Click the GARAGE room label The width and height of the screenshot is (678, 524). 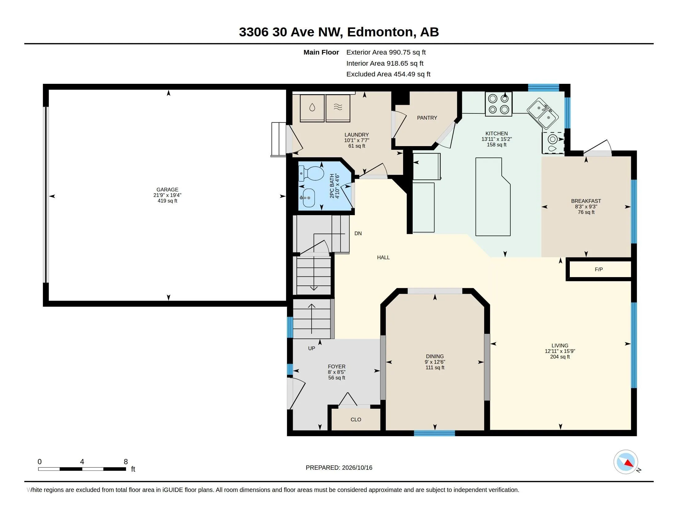pos(167,189)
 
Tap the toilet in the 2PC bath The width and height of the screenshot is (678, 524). pos(311,174)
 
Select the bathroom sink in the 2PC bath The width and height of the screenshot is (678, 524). pos(307,198)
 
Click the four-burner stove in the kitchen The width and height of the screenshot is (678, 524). pos(499,104)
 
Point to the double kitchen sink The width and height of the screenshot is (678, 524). pos(543,113)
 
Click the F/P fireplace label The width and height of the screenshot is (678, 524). pos(599,269)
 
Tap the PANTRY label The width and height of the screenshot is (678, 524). pos(427,118)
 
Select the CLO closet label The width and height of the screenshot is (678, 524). pos(356,420)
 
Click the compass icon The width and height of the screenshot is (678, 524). pos(626,462)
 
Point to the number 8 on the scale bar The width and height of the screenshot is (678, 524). pos(126,462)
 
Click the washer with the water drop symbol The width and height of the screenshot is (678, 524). pos(312,108)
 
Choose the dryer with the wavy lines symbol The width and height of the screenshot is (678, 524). pos(338,108)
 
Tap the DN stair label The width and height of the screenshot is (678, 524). pos(358,233)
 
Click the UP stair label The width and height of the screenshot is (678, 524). pos(312,348)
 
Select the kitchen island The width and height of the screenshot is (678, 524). pos(493,197)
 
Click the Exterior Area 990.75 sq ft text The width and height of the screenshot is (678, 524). pos(386,52)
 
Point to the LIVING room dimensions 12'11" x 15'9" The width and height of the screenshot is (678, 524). pos(560,351)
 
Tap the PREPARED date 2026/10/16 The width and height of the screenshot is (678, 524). pos(357,468)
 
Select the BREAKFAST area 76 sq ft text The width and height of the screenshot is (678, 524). pos(586,212)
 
